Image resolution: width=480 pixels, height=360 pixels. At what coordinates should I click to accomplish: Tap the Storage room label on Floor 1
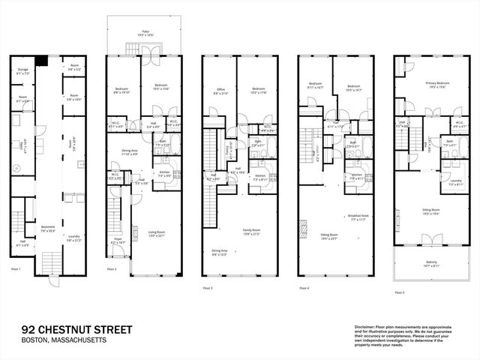pos(22,70)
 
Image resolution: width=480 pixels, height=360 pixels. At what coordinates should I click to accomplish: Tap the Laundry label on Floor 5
pos(455,181)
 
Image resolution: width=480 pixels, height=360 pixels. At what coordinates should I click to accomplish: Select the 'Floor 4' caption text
pos(305,287)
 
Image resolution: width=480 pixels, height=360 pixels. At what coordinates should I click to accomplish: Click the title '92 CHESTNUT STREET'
pos(76,329)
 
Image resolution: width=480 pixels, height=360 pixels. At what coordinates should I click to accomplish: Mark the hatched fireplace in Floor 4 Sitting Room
pos(304,227)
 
